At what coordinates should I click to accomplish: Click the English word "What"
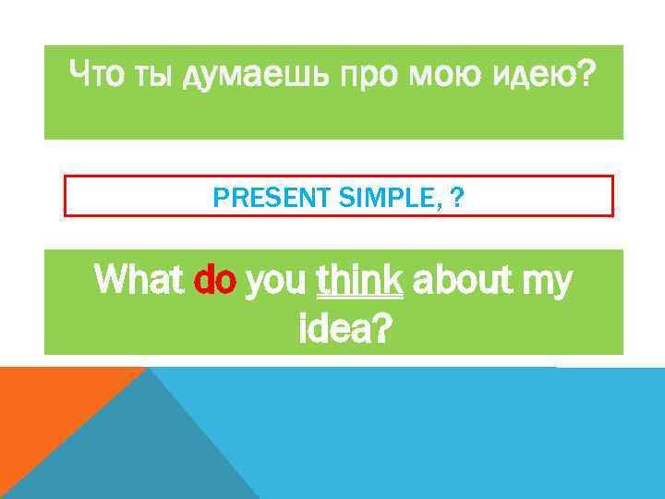tap(141, 280)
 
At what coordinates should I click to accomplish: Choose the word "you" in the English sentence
tap(278, 283)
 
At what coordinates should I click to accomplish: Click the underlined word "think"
tap(359, 280)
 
